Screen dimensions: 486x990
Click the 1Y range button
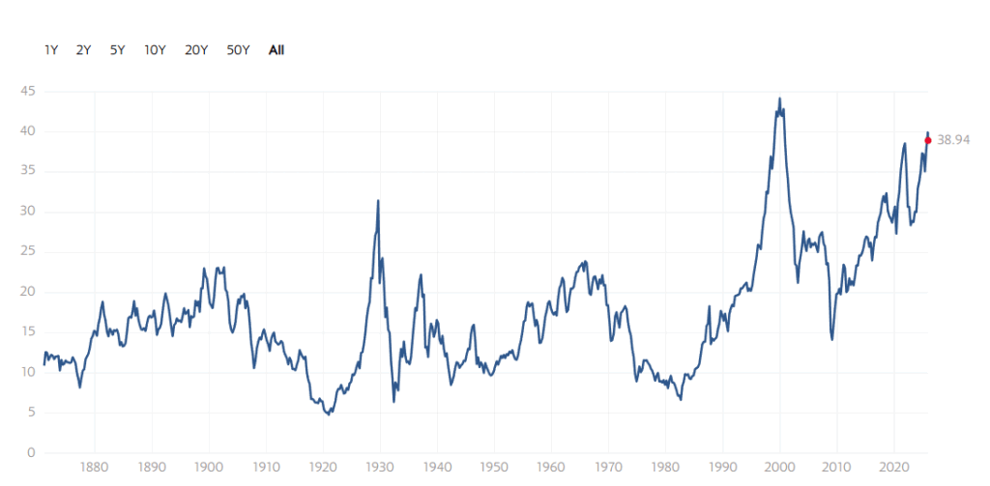pyautogui.click(x=51, y=49)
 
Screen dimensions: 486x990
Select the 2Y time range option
pyautogui.click(x=83, y=49)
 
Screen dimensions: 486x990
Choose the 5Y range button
pyautogui.click(x=117, y=49)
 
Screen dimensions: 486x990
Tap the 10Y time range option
pyautogui.click(x=154, y=49)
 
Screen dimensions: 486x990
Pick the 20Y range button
pyautogui.click(x=195, y=49)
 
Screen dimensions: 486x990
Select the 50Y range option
pyautogui.click(x=238, y=49)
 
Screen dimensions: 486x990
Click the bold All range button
pyautogui.click(x=277, y=49)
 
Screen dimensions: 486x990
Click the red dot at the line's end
pyautogui.click(x=928, y=140)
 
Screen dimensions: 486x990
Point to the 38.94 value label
pyautogui.click(x=953, y=140)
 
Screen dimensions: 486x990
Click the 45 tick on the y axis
pyautogui.click(x=30, y=92)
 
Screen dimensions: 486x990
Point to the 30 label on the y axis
pyautogui.click(x=30, y=212)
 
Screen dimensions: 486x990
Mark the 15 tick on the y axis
pyautogui.click(x=30, y=332)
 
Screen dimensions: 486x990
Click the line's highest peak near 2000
pyautogui.click(x=779, y=99)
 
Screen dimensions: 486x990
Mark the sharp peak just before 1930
pyautogui.click(x=377, y=201)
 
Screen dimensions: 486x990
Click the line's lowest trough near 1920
pyautogui.click(x=330, y=414)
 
